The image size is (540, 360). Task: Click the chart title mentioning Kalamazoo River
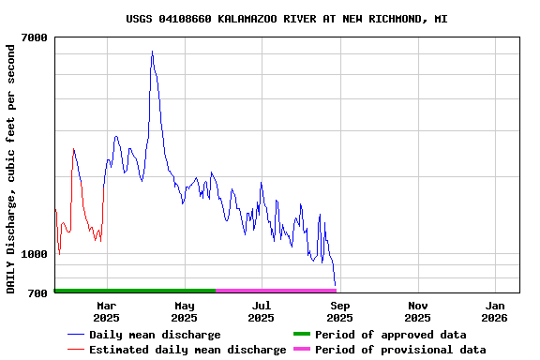click(286, 19)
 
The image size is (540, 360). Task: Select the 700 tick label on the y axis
click(38, 293)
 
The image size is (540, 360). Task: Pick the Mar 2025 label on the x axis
click(107, 311)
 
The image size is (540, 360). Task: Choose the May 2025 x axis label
click(185, 311)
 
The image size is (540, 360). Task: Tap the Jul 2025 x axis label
click(262, 311)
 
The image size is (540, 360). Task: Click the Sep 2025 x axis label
click(340, 311)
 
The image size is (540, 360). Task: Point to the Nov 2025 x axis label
click(418, 311)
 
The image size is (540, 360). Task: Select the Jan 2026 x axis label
click(496, 311)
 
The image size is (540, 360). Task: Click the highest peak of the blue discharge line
click(152, 52)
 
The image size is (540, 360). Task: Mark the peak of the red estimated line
click(73, 148)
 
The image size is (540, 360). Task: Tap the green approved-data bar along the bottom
click(135, 291)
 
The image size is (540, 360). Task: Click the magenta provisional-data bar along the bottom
click(276, 291)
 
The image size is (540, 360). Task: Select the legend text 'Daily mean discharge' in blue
click(155, 335)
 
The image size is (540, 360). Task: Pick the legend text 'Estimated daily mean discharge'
click(187, 350)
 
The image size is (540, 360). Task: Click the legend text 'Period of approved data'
click(390, 335)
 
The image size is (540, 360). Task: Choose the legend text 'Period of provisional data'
click(400, 350)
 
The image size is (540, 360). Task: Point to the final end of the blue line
click(335, 284)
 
